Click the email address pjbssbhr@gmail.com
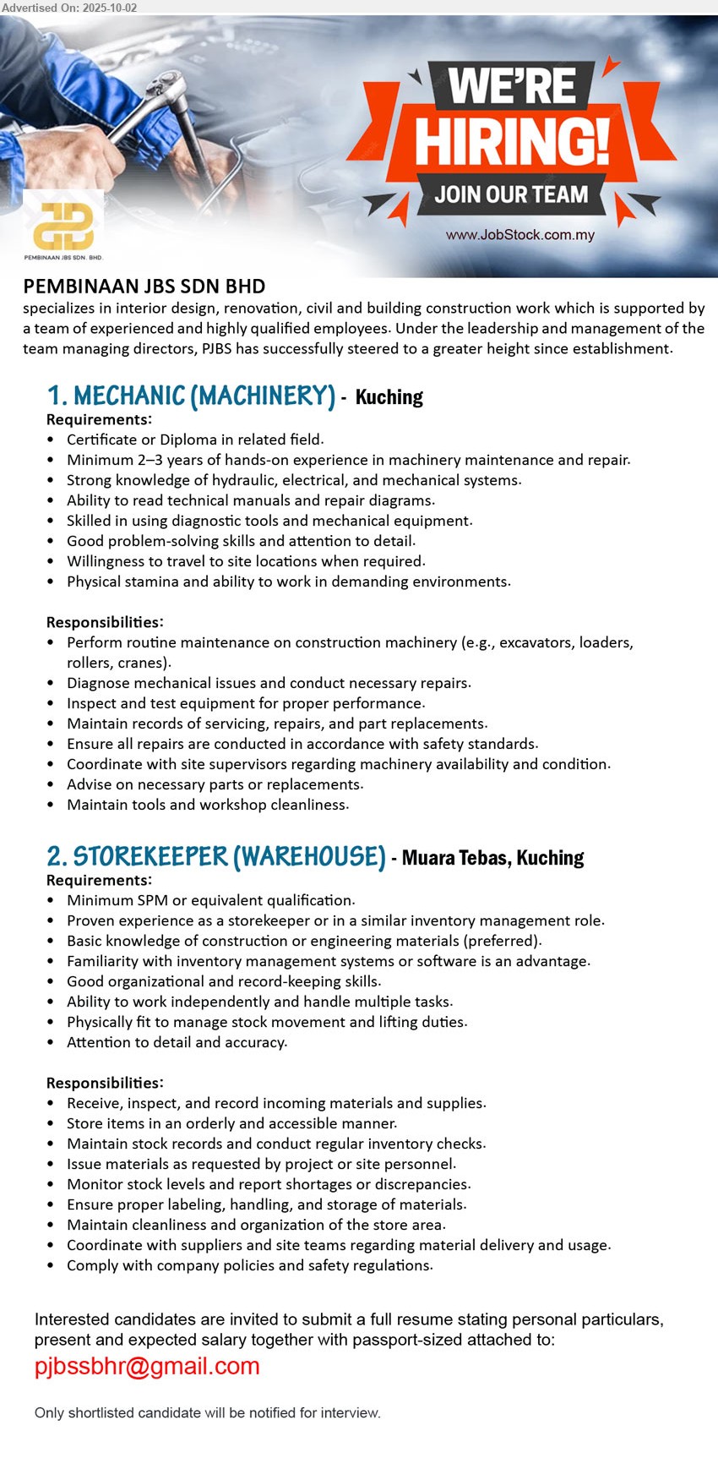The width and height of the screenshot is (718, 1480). point(147,1367)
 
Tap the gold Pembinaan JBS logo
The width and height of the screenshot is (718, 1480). point(63,225)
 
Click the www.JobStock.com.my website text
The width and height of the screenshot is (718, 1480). point(520,235)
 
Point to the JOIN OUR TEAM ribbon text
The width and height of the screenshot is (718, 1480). point(511,194)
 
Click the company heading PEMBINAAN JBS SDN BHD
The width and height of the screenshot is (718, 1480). point(144,287)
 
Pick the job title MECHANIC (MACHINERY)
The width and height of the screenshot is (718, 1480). point(204,396)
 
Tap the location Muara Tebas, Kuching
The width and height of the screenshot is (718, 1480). point(492,858)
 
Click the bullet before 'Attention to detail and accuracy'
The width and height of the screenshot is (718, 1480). point(52,1043)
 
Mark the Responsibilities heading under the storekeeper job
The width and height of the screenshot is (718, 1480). point(105,1083)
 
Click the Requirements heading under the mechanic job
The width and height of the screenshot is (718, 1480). point(99,419)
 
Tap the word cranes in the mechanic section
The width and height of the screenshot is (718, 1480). point(147,663)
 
